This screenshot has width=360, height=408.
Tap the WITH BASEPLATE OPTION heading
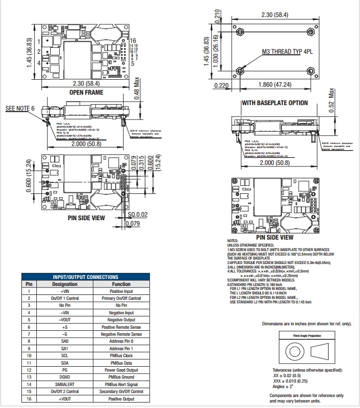[x=274, y=103]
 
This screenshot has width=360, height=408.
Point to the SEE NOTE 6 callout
[x=20, y=108]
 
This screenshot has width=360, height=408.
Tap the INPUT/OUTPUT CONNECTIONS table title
[x=85, y=276]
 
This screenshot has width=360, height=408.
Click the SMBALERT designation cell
[x=65, y=385]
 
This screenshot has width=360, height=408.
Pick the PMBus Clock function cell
[x=121, y=356]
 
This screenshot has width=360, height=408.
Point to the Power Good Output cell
[x=121, y=370]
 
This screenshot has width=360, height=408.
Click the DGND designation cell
[x=65, y=377]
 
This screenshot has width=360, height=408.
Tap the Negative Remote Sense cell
[x=121, y=334]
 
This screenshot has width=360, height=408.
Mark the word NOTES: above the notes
[x=233, y=241]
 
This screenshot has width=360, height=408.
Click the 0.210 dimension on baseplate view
[x=217, y=16]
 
